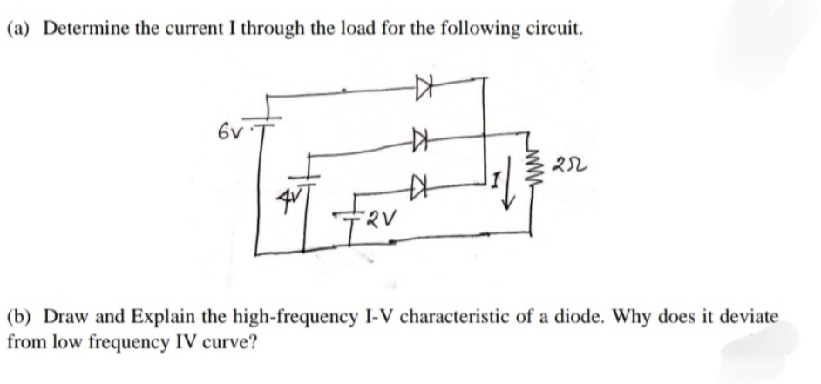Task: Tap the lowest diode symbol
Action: pyautogui.click(x=422, y=184)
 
